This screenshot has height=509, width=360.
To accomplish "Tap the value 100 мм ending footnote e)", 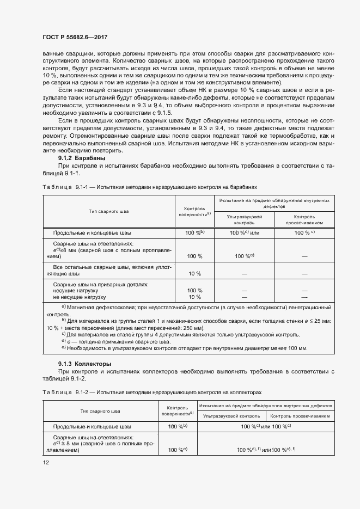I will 297,348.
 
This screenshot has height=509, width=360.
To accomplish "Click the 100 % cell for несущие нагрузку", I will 194,291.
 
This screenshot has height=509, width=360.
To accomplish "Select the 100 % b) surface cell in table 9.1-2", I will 178,427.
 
